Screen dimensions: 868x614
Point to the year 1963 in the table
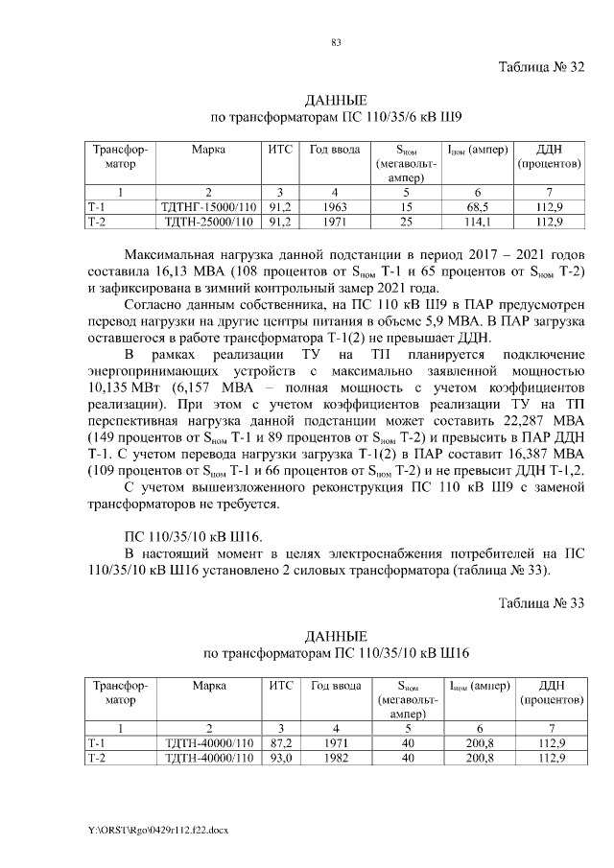[x=333, y=207]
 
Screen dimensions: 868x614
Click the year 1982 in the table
[x=333, y=757]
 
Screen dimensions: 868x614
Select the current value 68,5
[x=473, y=207]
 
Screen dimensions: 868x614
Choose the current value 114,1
[x=473, y=222]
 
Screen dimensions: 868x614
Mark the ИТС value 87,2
[x=280, y=742]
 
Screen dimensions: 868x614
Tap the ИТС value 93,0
[x=280, y=757]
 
